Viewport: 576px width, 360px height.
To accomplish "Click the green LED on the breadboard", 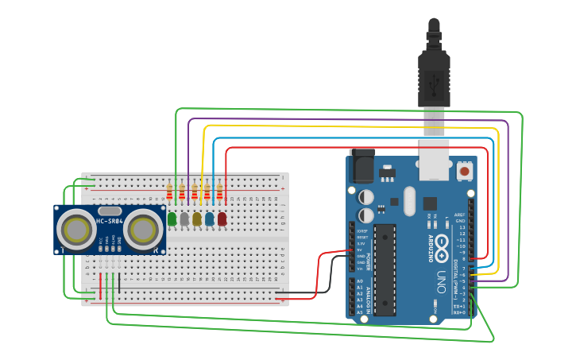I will pyautogui.click(x=172, y=219).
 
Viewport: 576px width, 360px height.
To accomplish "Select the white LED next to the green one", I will pyautogui.click(x=184, y=219).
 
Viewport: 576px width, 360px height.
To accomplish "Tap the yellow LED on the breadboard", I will pyautogui.click(x=197, y=219).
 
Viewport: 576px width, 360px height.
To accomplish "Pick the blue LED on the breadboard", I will pyautogui.click(x=209, y=219).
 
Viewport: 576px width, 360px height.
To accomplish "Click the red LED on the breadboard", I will pyautogui.click(x=222, y=219).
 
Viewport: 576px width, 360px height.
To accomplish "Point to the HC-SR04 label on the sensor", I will pyautogui.click(x=110, y=221).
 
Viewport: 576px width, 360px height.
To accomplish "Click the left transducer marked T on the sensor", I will pyautogui.click(x=76, y=230).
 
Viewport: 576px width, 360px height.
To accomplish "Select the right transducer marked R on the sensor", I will pyautogui.click(x=143, y=230).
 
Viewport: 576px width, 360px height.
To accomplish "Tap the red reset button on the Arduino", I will pyautogui.click(x=464, y=170).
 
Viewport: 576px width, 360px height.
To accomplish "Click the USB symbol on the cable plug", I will pyautogui.click(x=434, y=81).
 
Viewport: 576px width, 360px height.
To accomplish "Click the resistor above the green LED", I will pyautogui.click(x=169, y=192).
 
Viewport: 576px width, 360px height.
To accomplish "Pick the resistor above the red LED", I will pyautogui.click(x=219, y=192).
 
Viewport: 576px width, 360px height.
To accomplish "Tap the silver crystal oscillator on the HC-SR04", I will pyautogui.click(x=110, y=211).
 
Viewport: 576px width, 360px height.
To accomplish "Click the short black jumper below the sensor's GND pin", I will pyautogui.click(x=119, y=283).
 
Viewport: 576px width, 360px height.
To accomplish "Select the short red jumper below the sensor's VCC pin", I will pyautogui.click(x=100, y=283).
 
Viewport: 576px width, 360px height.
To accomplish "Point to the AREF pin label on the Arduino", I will pyautogui.click(x=459, y=215).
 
